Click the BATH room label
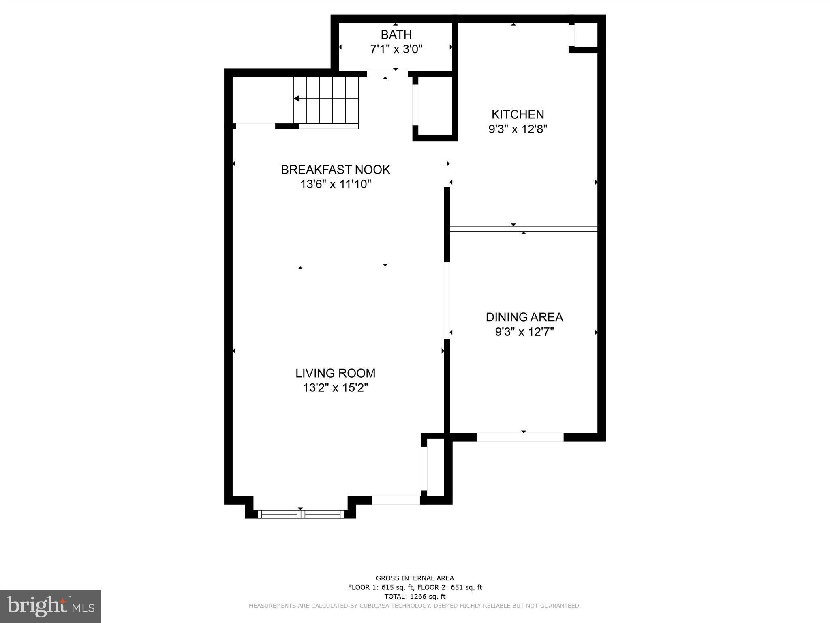396,34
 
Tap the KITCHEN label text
518,114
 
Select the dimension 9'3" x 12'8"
518,129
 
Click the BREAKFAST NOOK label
335,170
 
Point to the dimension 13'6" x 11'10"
335,185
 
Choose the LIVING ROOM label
335,373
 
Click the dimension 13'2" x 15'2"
335,388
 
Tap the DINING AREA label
524,317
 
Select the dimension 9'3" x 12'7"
524,332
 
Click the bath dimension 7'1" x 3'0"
396,49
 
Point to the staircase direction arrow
297,99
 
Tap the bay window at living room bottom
300,514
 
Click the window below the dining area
520,437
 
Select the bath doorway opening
387,74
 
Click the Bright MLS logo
51,606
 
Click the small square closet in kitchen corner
586,35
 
